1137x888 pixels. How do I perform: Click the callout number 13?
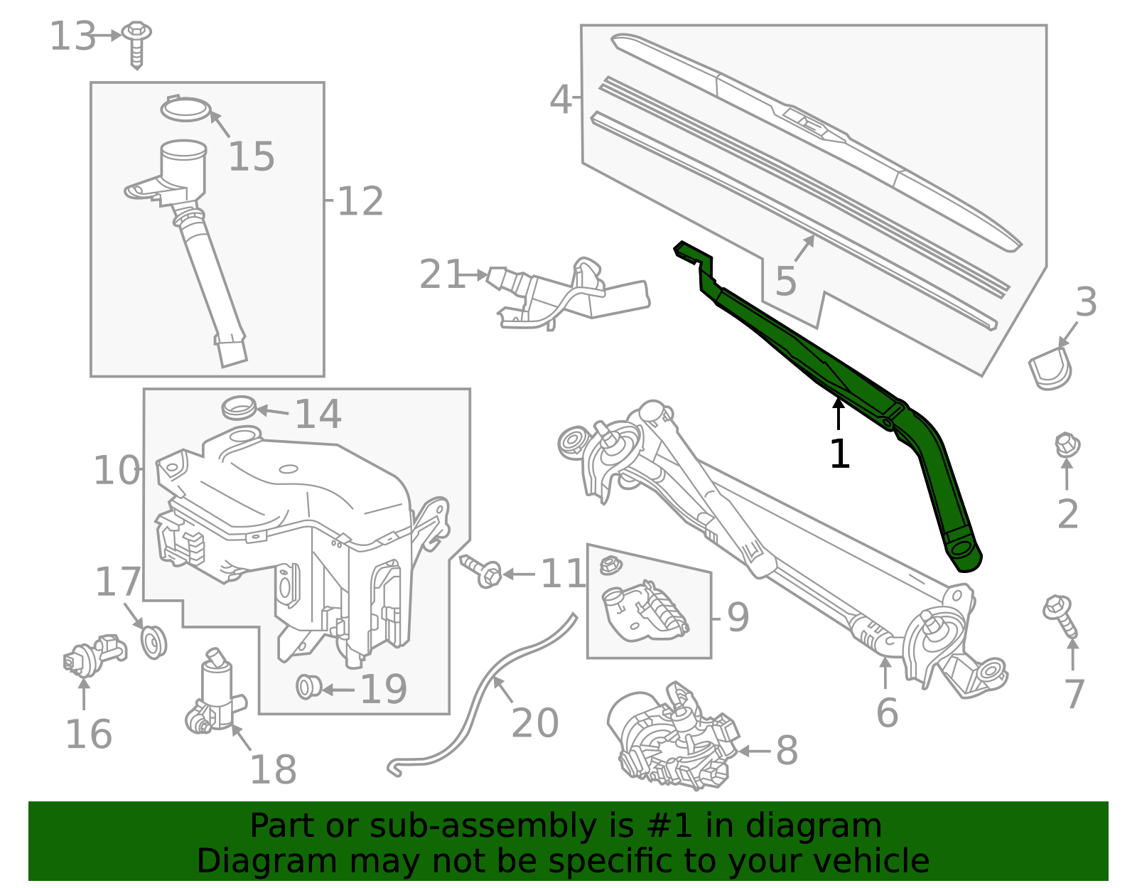tap(72, 37)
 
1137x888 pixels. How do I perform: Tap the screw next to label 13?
tap(136, 42)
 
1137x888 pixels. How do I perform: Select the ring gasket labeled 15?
tap(185, 109)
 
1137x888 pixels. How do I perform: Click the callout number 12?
tap(360, 202)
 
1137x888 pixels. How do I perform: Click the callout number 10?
tap(117, 471)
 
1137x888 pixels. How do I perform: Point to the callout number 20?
tap(535, 724)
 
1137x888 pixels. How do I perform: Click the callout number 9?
tap(738, 616)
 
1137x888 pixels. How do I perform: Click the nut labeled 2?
tap(1067, 445)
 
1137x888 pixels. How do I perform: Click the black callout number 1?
tap(839, 454)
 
